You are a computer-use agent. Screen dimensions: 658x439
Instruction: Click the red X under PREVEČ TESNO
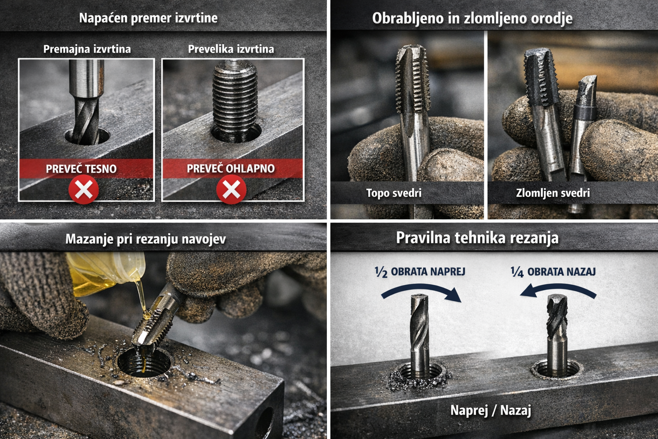click(84, 189)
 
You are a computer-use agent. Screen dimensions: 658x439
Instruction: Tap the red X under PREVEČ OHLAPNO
click(231, 189)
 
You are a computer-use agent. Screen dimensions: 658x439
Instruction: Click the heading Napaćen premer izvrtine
click(148, 18)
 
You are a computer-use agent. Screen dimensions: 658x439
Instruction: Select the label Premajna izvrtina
click(87, 49)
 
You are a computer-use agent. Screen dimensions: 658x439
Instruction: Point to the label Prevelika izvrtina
click(231, 49)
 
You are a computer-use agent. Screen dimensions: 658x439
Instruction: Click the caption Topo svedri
click(394, 193)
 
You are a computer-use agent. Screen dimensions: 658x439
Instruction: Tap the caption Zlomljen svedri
click(553, 193)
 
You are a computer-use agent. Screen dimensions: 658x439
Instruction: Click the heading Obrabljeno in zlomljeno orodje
click(473, 18)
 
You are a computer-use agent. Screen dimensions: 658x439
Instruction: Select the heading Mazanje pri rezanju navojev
click(146, 239)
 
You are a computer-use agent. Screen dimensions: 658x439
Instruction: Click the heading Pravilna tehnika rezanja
click(477, 238)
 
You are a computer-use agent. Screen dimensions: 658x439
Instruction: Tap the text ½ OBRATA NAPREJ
click(420, 272)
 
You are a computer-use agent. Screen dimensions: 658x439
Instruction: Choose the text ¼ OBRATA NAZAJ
click(553, 272)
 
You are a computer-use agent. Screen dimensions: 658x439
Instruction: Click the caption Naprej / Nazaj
click(491, 410)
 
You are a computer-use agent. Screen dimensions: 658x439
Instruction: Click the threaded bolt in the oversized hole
click(235, 100)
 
